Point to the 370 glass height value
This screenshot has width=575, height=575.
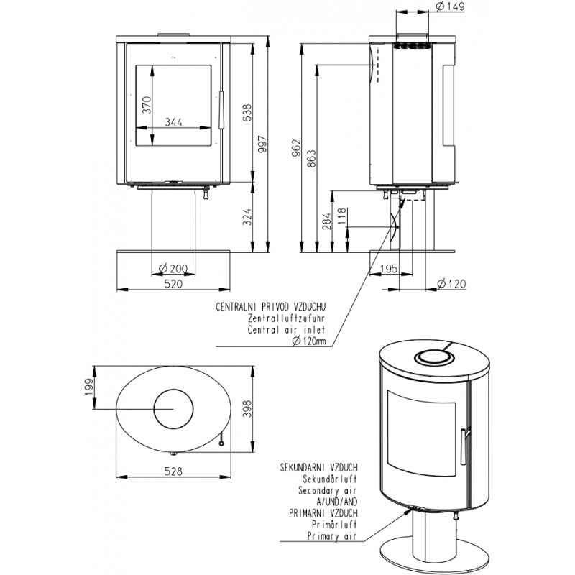[146, 105]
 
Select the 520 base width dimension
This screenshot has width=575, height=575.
[173, 283]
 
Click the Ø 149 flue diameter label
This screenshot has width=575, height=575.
[450, 7]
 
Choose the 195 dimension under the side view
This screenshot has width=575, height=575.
[388, 269]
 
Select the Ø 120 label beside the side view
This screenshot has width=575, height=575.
[451, 283]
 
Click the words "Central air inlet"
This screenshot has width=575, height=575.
[287, 330]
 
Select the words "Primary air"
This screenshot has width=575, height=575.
[332, 535]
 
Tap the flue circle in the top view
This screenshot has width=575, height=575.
[172, 408]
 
